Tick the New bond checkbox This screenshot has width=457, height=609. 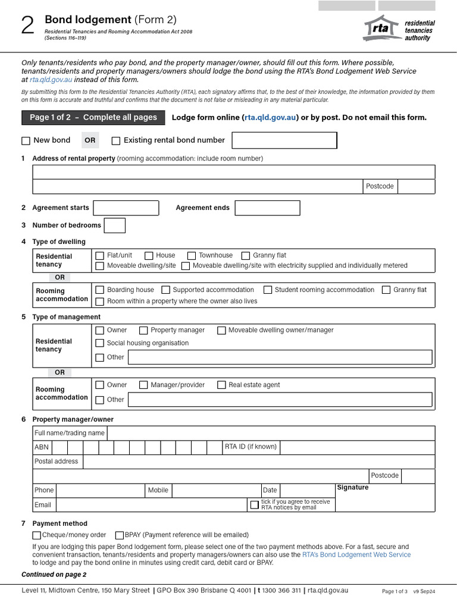coord(26,141)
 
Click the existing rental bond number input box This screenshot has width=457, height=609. coord(284,140)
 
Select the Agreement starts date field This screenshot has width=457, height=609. coord(126,208)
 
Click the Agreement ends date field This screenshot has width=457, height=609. coord(267,208)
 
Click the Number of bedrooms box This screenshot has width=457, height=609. coord(114,225)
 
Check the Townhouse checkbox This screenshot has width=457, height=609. coord(192,256)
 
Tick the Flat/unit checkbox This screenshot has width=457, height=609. coord(100,256)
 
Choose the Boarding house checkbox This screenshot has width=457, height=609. coord(100,290)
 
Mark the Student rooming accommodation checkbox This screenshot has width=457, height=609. coord(268,290)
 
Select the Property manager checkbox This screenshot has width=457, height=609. coord(143,331)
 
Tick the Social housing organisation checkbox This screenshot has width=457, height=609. coord(100,343)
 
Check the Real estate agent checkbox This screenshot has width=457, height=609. coord(221,385)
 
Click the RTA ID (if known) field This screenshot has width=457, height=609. coord(357,447)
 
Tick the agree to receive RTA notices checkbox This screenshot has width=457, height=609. coord(255,505)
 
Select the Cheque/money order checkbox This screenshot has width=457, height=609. coord(37,535)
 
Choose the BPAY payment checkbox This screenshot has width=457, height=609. coord(120,535)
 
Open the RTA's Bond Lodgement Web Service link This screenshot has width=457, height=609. coord(356,555)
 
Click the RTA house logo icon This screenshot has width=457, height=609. coord(381,29)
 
